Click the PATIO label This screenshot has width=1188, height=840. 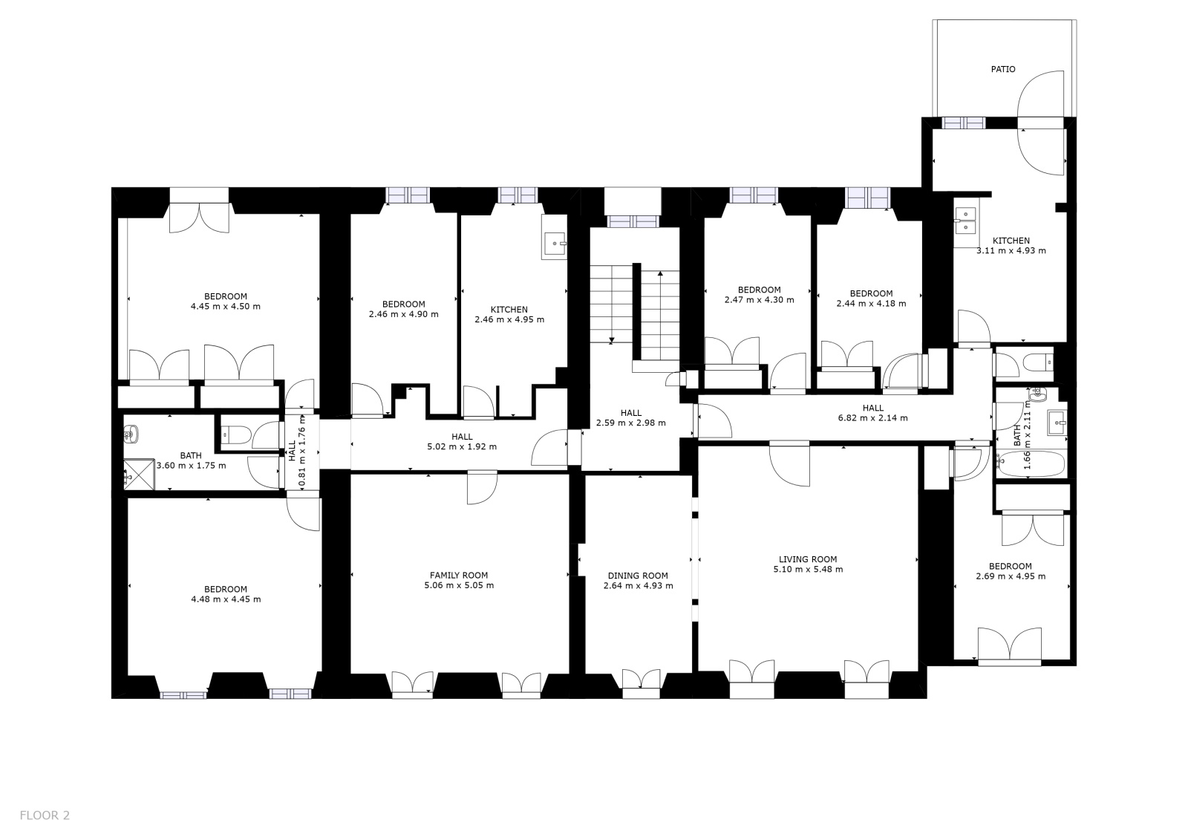[x=1003, y=69]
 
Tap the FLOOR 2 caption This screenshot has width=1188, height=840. [x=45, y=815]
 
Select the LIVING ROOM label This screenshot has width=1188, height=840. [x=808, y=559]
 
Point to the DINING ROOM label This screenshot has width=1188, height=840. [x=638, y=576]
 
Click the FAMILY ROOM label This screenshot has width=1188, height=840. [x=459, y=575]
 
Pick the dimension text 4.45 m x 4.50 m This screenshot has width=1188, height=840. [x=226, y=306]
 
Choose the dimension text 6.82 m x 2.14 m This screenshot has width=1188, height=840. [x=873, y=417]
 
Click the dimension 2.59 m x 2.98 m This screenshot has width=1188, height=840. [x=631, y=423]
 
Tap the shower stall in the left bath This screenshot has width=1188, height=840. [x=139, y=475]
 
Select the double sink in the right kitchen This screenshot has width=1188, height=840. [x=965, y=221]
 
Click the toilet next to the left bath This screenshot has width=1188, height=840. [x=237, y=435]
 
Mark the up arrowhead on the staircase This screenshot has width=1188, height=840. [x=660, y=274]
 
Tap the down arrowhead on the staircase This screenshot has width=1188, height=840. [x=612, y=340]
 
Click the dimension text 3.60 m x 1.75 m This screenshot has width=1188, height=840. [x=191, y=466]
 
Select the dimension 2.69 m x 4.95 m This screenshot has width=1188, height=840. [x=1011, y=576]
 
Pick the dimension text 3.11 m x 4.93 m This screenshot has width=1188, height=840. [x=1011, y=250]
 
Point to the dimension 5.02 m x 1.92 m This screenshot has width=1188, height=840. [x=462, y=446]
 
